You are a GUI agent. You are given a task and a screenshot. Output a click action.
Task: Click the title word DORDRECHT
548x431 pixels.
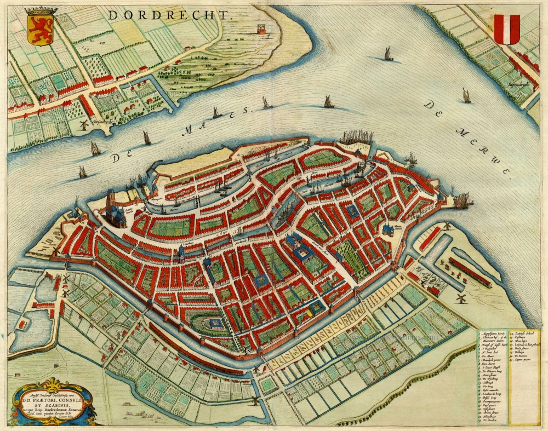pos(170,14)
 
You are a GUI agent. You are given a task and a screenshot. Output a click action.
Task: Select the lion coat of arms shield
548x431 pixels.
pos(41,27)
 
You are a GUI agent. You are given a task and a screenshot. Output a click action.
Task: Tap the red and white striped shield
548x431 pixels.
pos(507,28)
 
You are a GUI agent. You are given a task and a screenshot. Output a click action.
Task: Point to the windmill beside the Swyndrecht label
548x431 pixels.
pos(84,124)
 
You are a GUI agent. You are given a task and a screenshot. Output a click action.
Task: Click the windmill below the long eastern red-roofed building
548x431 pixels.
pos(461,298)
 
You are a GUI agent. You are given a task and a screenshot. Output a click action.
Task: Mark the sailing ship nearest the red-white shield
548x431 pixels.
pos(466,96)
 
